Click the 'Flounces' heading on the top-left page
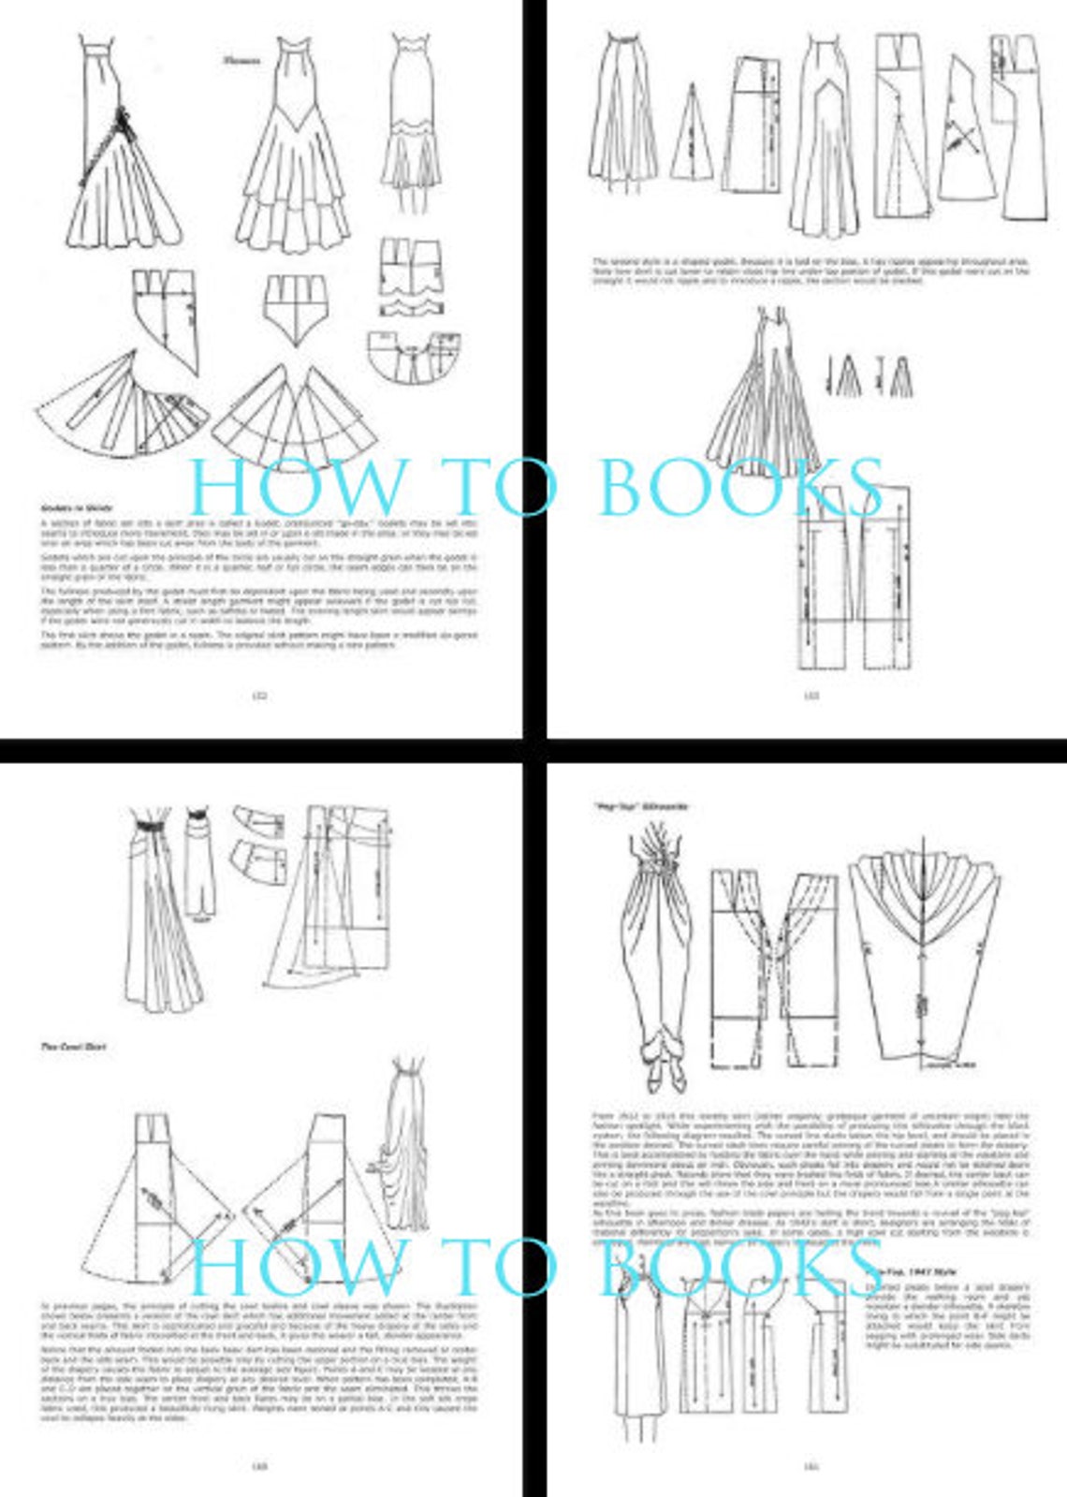[x=241, y=62]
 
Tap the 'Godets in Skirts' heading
[x=69, y=507]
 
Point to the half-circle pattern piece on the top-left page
[x=413, y=356]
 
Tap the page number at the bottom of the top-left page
[x=260, y=695]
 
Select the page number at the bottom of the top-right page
[x=811, y=695]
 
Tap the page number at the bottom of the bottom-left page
[x=260, y=1465]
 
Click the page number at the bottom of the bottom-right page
[x=811, y=1465]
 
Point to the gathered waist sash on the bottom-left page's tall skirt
[x=151, y=826]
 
